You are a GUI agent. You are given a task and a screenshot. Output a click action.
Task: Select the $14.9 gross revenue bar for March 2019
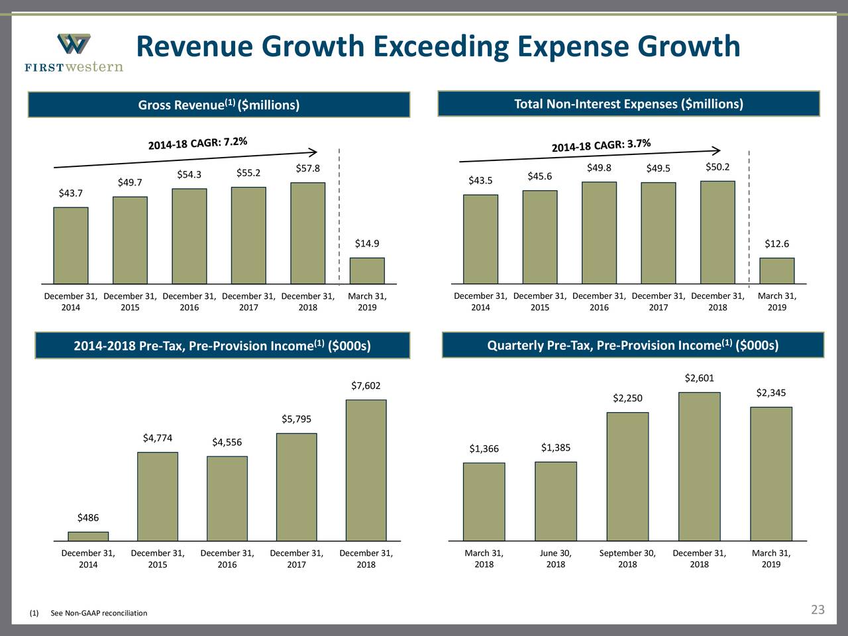pos(367,270)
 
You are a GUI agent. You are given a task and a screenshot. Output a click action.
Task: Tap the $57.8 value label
pos(307,168)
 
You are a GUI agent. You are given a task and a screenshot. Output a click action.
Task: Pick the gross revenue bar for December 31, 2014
pos(71,245)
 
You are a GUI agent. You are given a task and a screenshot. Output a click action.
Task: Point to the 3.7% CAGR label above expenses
pos(602,144)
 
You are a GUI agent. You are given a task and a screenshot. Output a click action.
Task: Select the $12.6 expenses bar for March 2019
pos(776,270)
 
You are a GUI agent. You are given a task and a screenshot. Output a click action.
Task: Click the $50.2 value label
pos(717,167)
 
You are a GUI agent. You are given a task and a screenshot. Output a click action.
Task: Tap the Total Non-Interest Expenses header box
pos(629,104)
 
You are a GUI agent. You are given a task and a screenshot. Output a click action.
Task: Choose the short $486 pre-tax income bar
pos(88,536)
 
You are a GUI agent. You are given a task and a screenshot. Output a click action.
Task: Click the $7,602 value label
pos(366,386)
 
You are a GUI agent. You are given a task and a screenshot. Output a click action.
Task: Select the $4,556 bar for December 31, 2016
pos(227,498)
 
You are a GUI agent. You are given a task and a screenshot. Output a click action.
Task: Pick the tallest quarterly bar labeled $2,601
pos(699,466)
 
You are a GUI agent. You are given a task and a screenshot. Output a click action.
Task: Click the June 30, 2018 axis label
pos(555,558)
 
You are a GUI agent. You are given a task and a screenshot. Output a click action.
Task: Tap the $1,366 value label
pos(484,449)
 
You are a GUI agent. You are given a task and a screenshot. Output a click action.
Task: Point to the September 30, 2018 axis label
pos(627,558)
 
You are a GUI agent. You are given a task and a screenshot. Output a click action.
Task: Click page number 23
pos(818,609)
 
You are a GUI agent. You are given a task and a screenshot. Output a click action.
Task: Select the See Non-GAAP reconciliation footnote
pos(99,613)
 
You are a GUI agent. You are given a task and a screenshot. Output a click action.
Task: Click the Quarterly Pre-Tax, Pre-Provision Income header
pos(633,345)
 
